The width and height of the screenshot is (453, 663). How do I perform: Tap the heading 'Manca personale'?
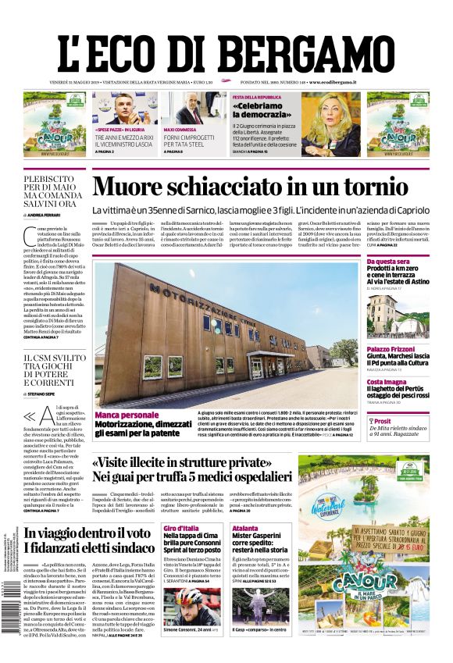coord(127,415)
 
